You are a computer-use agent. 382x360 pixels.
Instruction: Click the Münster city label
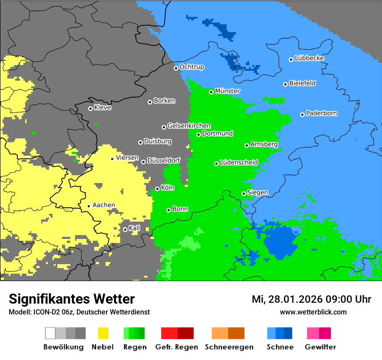[x=227, y=91]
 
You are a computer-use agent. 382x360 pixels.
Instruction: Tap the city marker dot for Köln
[x=157, y=189]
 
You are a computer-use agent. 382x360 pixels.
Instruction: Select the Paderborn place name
[x=321, y=114]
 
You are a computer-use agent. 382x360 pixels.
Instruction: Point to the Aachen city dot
[x=89, y=206]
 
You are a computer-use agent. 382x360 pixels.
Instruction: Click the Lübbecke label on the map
[x=309, y=59]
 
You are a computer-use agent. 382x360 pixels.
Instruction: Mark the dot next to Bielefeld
[x=285, y=84]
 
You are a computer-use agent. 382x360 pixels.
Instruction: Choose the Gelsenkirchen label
[x=189, y=126]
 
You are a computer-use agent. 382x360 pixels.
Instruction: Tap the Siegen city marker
[x=244, y=193]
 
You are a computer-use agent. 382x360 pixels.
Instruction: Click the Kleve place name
[x=102, y=108]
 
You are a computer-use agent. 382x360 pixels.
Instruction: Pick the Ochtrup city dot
[x=176, y=68]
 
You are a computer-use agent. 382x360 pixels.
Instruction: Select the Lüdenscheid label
[x=239, y=163]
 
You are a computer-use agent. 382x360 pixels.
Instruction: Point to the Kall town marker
[x=125, y=229]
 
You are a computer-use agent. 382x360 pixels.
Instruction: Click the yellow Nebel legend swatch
[x=103, y=333]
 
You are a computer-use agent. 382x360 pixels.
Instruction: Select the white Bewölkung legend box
[x=50, y=333]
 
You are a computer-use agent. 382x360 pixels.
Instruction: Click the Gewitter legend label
[x=320, y=347]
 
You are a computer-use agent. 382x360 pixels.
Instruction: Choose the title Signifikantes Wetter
[x=72, y=299]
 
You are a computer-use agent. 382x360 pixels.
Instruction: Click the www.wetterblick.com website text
[x=313, y=312]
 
